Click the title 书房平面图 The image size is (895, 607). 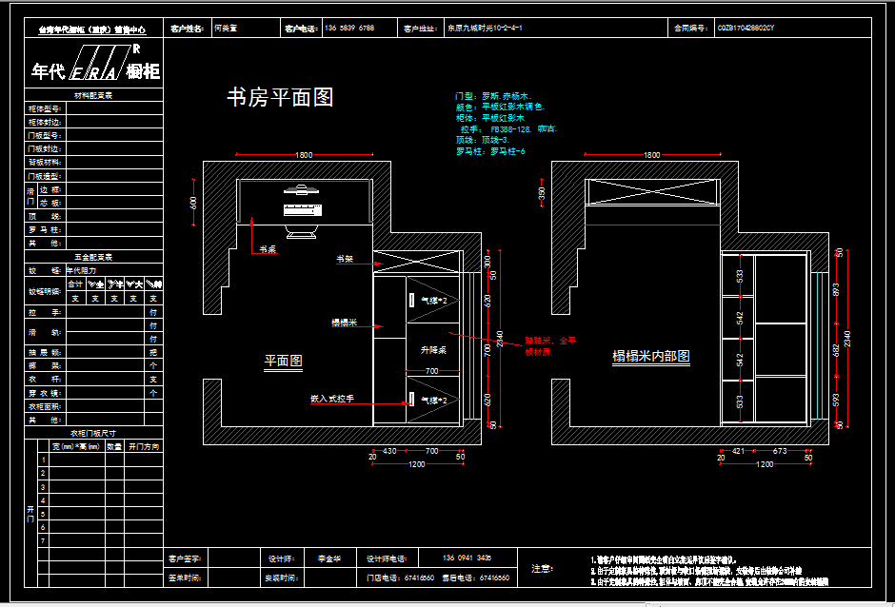coord(280,97)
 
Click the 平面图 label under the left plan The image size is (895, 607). coord(283,362)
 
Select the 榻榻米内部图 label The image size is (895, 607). coord(650,357)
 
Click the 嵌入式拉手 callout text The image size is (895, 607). coord(332,399)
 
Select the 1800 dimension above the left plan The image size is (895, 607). coord(304,154)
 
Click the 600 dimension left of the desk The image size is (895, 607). coord(193,203)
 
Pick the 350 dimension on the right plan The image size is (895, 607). coord(542,193)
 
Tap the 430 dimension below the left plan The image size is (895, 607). coord(389,450)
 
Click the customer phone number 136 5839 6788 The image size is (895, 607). coord(349,29)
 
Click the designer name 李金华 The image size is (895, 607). coord(329,558)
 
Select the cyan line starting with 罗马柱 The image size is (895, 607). coord(491,151)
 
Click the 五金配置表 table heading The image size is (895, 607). coord(93,257)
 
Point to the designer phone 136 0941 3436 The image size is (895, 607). coord(467,558)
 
